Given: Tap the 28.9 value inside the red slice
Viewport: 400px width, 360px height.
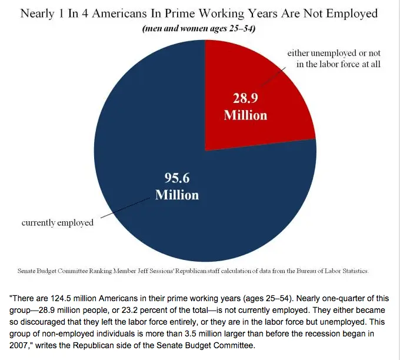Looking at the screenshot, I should (x=245, y=99).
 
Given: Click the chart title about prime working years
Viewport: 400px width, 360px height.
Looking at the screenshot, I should (x=200, y=13).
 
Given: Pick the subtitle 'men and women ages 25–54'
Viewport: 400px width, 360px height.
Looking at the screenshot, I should (x=200, y=29).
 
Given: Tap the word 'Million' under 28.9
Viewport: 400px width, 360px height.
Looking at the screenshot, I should (x=245, y=115).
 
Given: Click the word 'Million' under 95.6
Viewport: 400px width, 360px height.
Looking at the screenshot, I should (x=176, y=194).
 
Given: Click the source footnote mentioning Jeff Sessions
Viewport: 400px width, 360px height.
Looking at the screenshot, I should (x=192, y=271).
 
